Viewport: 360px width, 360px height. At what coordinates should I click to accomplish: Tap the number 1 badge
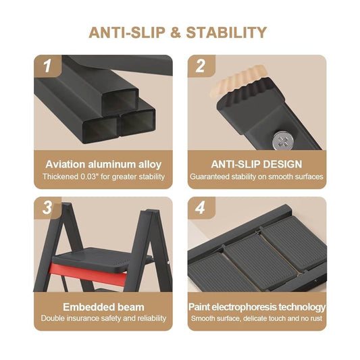pyautogui.click(x=47, y=66)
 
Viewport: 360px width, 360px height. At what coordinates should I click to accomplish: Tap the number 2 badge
pyautogui.click(x=201, y=66)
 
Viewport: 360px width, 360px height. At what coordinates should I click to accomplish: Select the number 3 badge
pyautogui.click(x=47, y=208)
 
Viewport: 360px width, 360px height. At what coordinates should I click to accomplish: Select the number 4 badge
pyautogui.click(x=201, y=208)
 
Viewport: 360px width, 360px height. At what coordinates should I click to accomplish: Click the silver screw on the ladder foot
pyautogui.click(x=282, y=141)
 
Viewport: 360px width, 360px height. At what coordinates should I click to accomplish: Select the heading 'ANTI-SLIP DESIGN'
pyautogui.click(x=256, y=164)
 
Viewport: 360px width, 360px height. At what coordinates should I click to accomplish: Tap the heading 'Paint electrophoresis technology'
pyautogui.click(x=257, y=306)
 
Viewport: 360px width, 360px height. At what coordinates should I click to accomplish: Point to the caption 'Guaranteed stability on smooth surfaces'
pyautogui.click(x=257, y=177)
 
